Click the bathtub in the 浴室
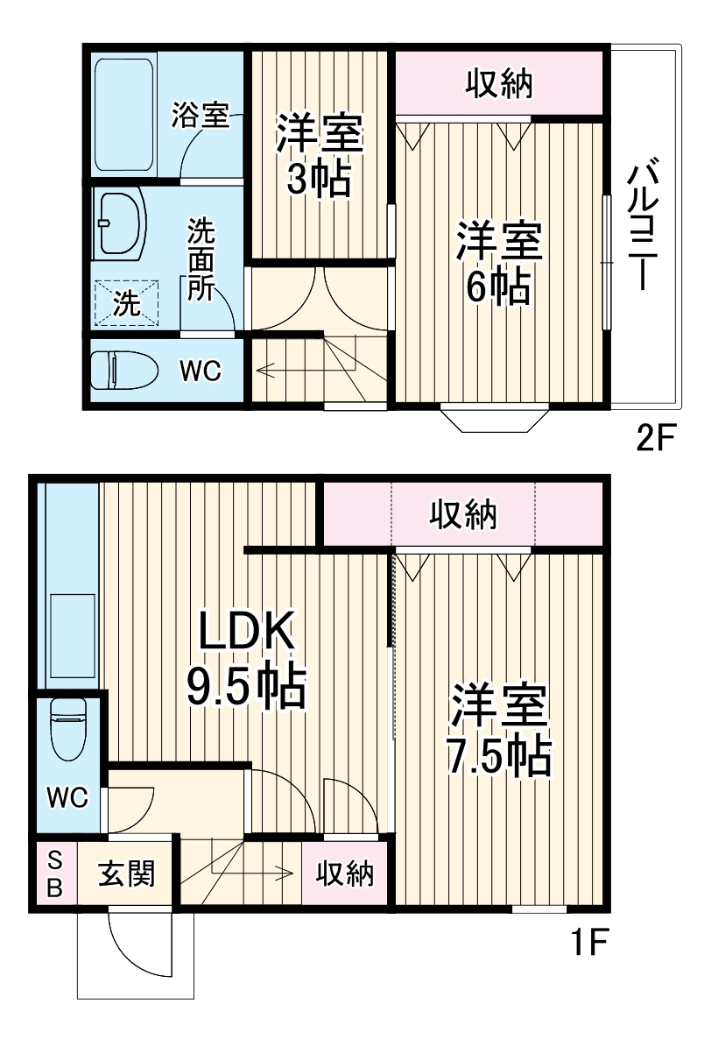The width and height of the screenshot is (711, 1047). pyautogui.click(x=124, y=116)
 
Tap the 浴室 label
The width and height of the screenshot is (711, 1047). pyautogui.click(x=200, y=116)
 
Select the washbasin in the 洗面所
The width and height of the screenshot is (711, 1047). pyautogui.click(x=120, y=225)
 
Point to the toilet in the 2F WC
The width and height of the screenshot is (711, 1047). pyautogui.click(x=124, y=371)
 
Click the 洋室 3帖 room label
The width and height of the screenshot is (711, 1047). pyautogui.click(x=319, y=156)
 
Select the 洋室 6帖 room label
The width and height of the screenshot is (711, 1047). pyautogui.click(x=497, y=263)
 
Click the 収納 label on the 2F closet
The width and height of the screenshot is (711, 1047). pyautogui.click(x=498, y=84)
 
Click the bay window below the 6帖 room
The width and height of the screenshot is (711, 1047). pyautogui.click(x=496, y=419)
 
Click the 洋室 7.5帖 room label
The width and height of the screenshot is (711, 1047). pyautogui.click(x=499, y=731)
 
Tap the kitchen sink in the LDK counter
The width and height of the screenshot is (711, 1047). pyautogui.click(x=71, y=636)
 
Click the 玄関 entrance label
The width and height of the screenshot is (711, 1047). pyautogui.click(x=127, y=874)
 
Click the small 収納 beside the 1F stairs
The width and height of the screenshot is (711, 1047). pyautogui.click(x=345, y=874)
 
